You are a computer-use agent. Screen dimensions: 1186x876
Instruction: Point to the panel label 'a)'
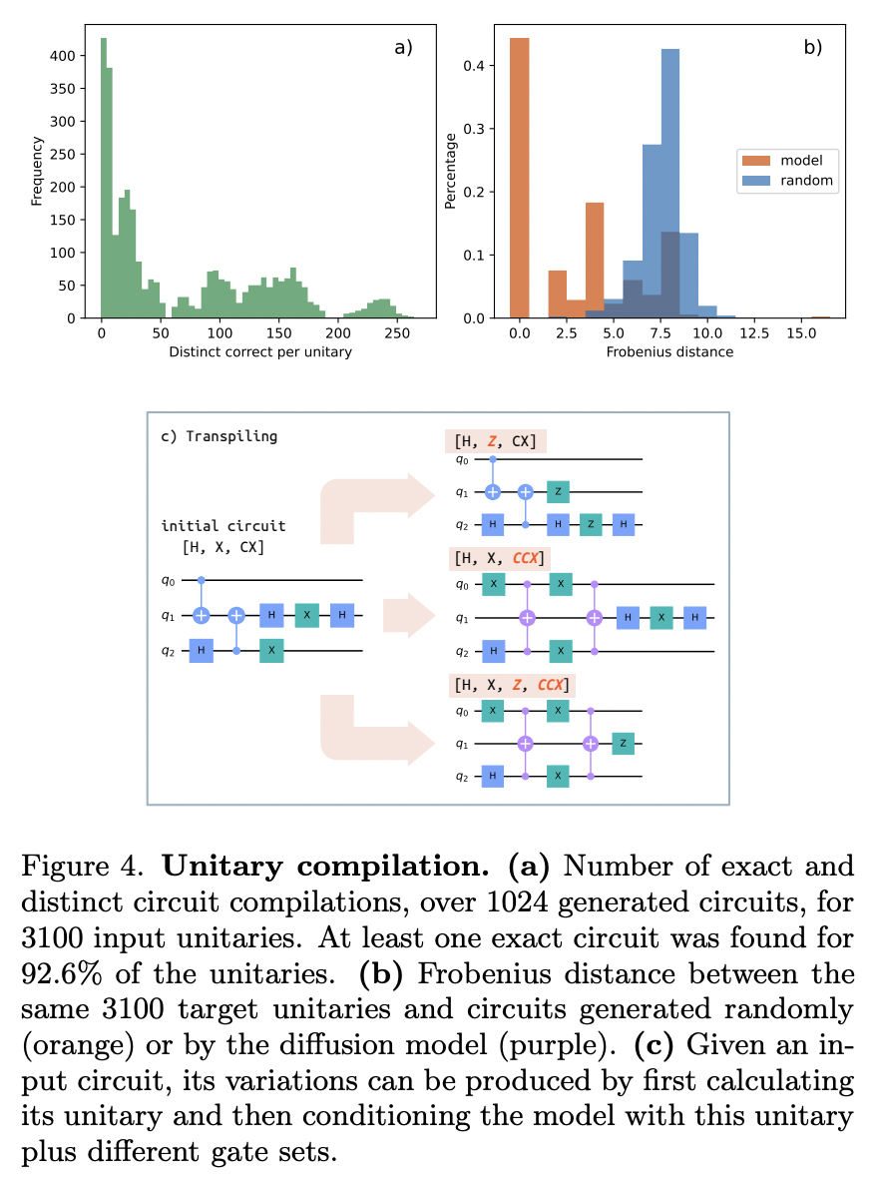pos(403,46)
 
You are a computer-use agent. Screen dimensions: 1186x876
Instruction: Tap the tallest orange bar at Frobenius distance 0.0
pos(519,180)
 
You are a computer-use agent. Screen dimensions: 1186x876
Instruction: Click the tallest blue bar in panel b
pos(669,185)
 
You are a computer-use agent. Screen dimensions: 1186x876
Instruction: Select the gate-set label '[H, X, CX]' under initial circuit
pos(222,547)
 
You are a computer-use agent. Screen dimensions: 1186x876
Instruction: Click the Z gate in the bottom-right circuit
pos(623,744)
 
